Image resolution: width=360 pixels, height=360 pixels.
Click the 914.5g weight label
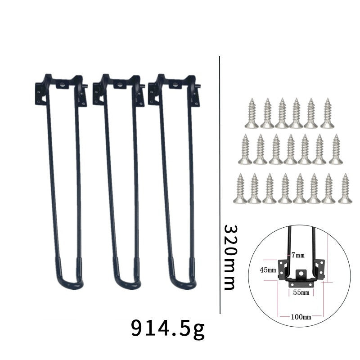pyautogui.click(x=167, y=328)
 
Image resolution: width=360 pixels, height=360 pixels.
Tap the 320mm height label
pyautogui.click(x=230, y=257)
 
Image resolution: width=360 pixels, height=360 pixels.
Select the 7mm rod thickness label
pyautogui.click(x=298, y=255)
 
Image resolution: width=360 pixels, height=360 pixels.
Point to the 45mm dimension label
pyautogui.click(x=268, y=270)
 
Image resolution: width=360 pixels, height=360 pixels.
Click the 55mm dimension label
pyautogui.click(x=301, y=292)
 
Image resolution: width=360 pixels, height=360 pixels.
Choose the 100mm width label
pyautogui.click(x=301, y=317)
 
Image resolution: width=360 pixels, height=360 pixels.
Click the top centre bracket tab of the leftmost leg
pyautogui.click(x=63, y=84)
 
